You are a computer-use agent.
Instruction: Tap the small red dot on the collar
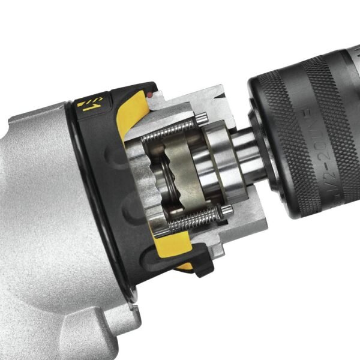[x=148, y=95]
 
